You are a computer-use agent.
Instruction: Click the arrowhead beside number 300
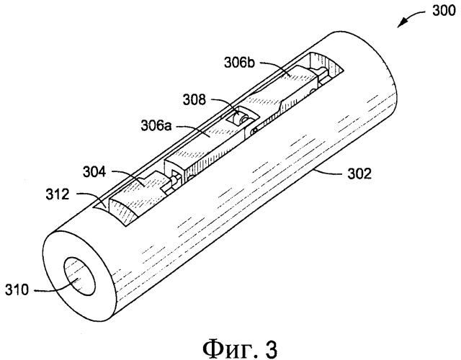pos(400,27)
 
